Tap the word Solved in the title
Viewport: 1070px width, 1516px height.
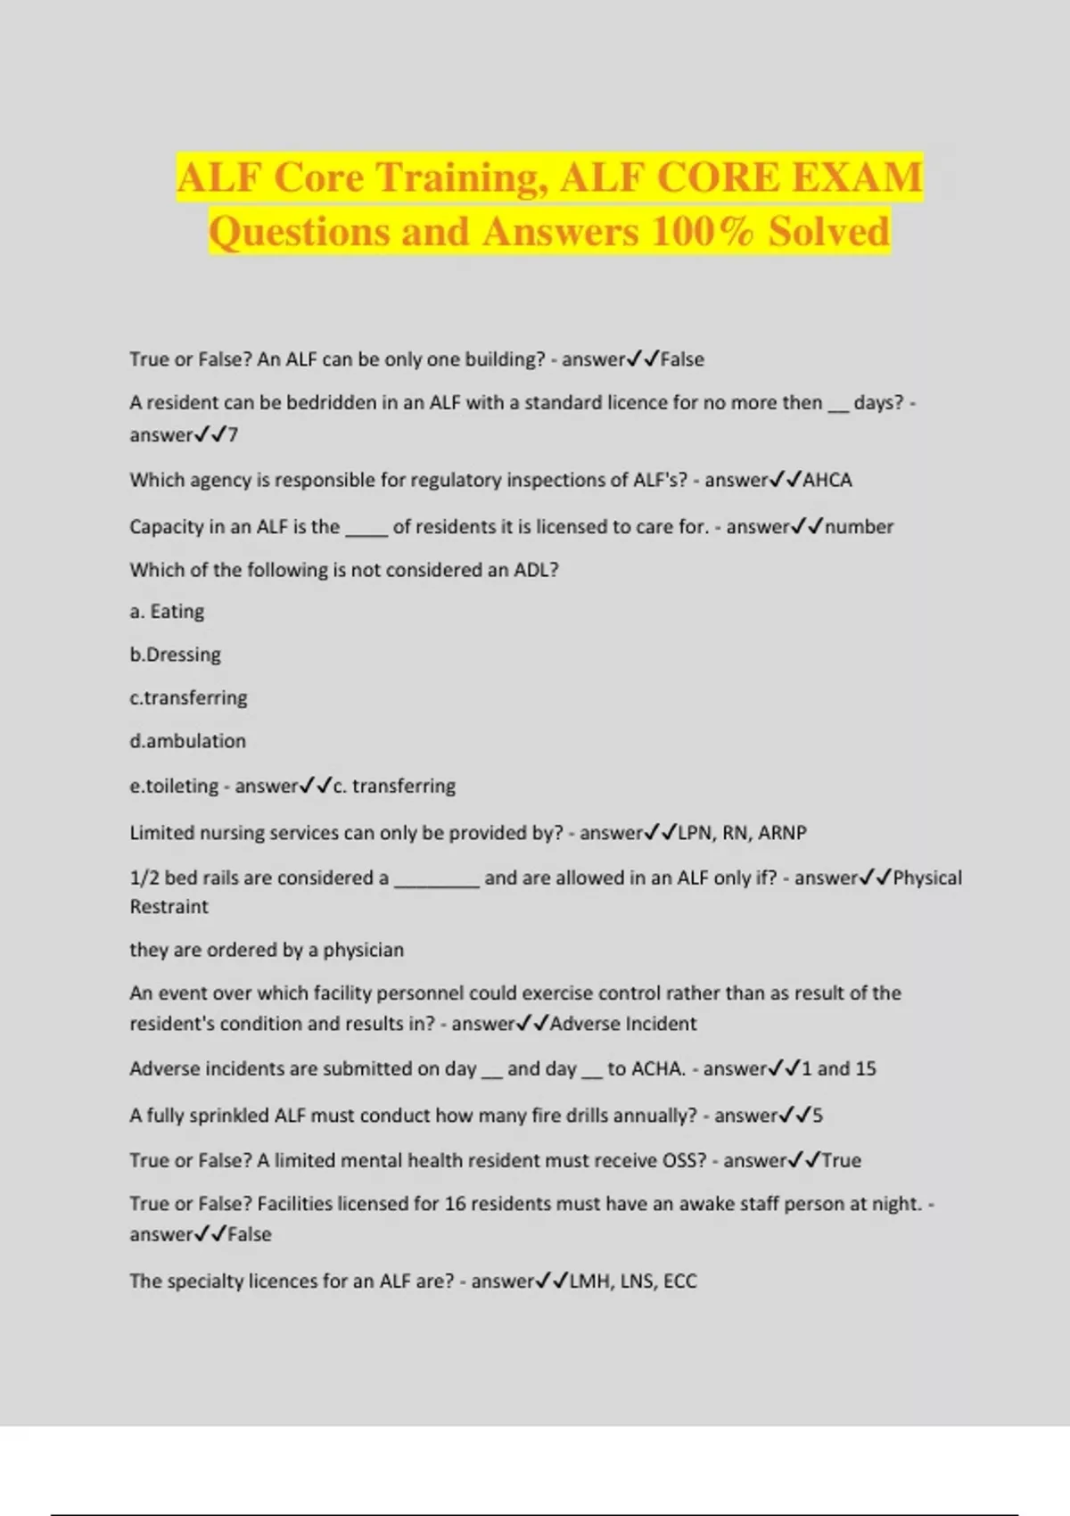coord(828,232)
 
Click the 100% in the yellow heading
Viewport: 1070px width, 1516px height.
coord(704,232)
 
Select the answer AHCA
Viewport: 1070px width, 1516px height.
coord(827,481)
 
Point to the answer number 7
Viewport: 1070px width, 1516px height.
coord(233,435)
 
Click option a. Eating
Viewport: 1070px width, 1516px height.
coord(167,612)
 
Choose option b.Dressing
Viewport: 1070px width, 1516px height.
coord(175,655)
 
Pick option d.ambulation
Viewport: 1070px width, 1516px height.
coord(187,741)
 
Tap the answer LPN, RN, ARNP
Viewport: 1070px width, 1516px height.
coord(742,833)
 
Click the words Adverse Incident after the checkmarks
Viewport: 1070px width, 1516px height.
coord(623,1024)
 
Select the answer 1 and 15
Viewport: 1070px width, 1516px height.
coord(838,1068)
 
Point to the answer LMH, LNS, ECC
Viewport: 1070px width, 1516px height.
coord(633,1281)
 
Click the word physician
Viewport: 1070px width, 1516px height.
coord(364,950)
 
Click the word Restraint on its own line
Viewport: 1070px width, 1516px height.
coord(169,907)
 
